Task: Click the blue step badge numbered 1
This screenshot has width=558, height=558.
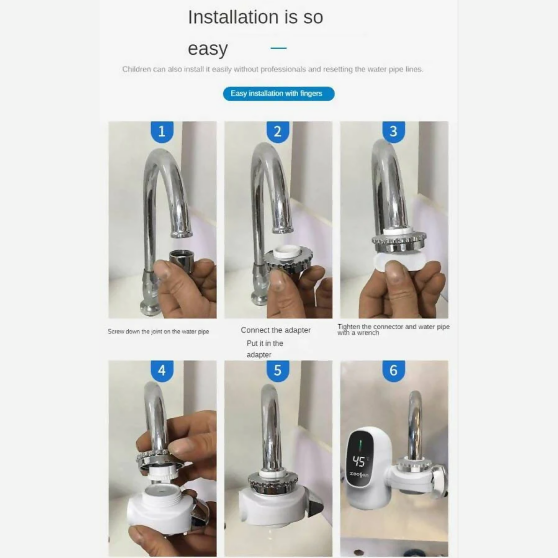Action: click(162, 132)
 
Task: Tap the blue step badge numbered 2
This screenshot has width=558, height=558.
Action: click(278, 132)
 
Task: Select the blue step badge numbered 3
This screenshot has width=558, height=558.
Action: click(393, 132)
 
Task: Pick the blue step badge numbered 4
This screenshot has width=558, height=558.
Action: click(162, 371)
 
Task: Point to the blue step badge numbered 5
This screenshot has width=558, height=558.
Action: click(278, 371)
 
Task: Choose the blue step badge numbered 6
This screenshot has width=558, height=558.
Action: click(393, 371)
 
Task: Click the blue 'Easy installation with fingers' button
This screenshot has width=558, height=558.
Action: click(279, 93)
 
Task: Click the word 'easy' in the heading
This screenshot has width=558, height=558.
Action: click(208, 48)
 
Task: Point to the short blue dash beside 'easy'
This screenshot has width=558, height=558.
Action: click(279, 48)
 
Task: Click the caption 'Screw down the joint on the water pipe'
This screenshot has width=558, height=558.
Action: click(158, 332)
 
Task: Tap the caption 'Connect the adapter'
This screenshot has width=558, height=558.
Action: click(275, 330)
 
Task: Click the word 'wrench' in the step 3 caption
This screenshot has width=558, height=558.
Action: click(368, 333)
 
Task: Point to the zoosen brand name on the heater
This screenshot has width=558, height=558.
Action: click(359, 475)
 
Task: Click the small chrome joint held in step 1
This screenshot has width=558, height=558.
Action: click(179, 258)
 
